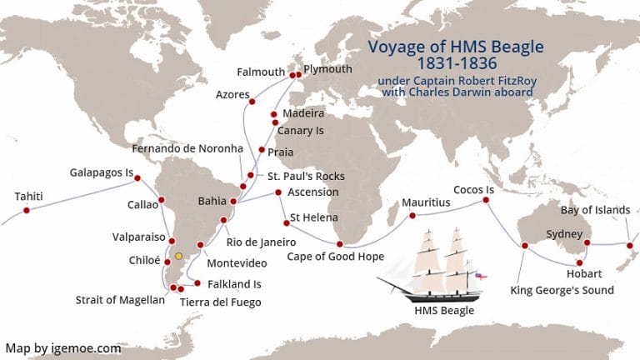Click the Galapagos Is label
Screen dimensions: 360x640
(x=101, y=173)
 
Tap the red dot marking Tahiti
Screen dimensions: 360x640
(x=27, y=211)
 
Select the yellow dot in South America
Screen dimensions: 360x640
(x=178, y=255)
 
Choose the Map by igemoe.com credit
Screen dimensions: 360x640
(x=63, y=348)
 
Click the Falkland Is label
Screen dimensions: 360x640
(x=234, y=284)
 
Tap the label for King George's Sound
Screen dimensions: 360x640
(x=562, y=291)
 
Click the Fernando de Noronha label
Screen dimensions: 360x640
(x=187, y=148)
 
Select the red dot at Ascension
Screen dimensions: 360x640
(x=278, y=193)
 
